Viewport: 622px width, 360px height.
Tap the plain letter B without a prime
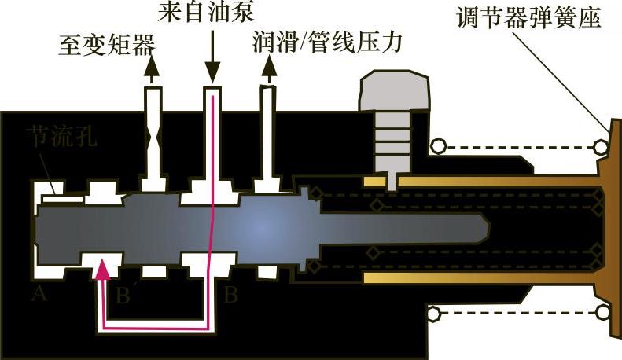point(230,296)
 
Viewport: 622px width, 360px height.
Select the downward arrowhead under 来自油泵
point(211,72)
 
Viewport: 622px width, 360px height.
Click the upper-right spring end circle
point(601,145)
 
